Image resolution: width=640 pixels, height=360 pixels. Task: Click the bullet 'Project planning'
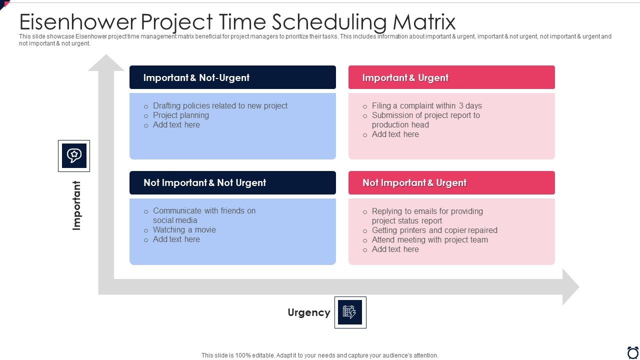pos(181,115)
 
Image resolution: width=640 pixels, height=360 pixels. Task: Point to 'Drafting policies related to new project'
pos(220,105)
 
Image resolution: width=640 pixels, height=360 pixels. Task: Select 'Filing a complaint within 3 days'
pos(426,105)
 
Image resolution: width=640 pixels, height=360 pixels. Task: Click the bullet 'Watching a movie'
pos(184,229)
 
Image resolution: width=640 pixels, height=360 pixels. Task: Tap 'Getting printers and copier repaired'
pos(434,230)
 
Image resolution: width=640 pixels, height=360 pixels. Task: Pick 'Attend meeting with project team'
pos(429,239)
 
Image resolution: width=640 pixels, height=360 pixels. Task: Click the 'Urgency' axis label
pos(309,312)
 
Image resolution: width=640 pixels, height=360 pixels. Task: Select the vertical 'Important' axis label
pos(76,205)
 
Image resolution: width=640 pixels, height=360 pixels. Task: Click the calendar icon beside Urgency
pos(350,312)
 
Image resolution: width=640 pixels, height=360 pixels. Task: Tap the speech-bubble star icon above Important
pos(74,155)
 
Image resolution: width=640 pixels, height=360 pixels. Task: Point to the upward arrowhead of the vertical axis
pos(106,63)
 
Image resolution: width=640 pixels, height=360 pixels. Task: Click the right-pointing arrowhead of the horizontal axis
pos(570,287)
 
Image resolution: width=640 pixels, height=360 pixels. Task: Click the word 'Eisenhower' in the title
pos(77,22)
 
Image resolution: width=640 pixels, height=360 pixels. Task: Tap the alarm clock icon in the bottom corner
pos(632,352)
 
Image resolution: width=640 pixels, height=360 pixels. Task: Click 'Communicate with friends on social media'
pos(204,215)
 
